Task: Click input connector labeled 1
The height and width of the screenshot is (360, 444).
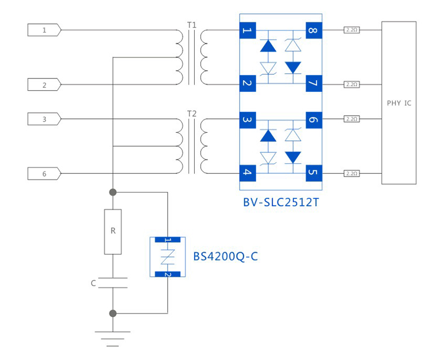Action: click(x=44, y=30)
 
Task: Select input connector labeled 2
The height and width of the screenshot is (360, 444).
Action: click(x=44, y=85)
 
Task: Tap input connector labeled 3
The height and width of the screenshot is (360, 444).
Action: click(x=44, y=119)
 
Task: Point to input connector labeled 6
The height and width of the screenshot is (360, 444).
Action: click(x=44, y=173)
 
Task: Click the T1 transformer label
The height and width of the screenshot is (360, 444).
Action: click(x=192, y=25)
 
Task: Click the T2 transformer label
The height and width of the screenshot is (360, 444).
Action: click(x=192, y=113)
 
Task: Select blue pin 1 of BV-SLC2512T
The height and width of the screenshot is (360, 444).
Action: click(x=247, y=30)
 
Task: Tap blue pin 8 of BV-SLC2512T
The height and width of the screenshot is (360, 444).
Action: click(x=313, y=30)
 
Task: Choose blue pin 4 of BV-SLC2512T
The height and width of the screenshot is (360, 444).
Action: click(x=247, y=173)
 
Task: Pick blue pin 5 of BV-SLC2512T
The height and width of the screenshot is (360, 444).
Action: click(x=313, y=173)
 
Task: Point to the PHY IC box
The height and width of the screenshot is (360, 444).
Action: click(x=399, y=103)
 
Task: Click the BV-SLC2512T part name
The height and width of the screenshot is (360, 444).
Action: click(x=281, y=203)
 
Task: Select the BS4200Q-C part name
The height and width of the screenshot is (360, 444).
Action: click(x=225, y=257)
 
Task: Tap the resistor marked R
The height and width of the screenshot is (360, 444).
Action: click(x=113, y=231)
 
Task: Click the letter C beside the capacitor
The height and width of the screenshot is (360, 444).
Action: click(x=93, y=283)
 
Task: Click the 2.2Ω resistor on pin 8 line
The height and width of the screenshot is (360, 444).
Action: click(x=351, y=30)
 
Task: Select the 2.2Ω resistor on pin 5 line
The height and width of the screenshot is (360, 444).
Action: click(x=351, y=173)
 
